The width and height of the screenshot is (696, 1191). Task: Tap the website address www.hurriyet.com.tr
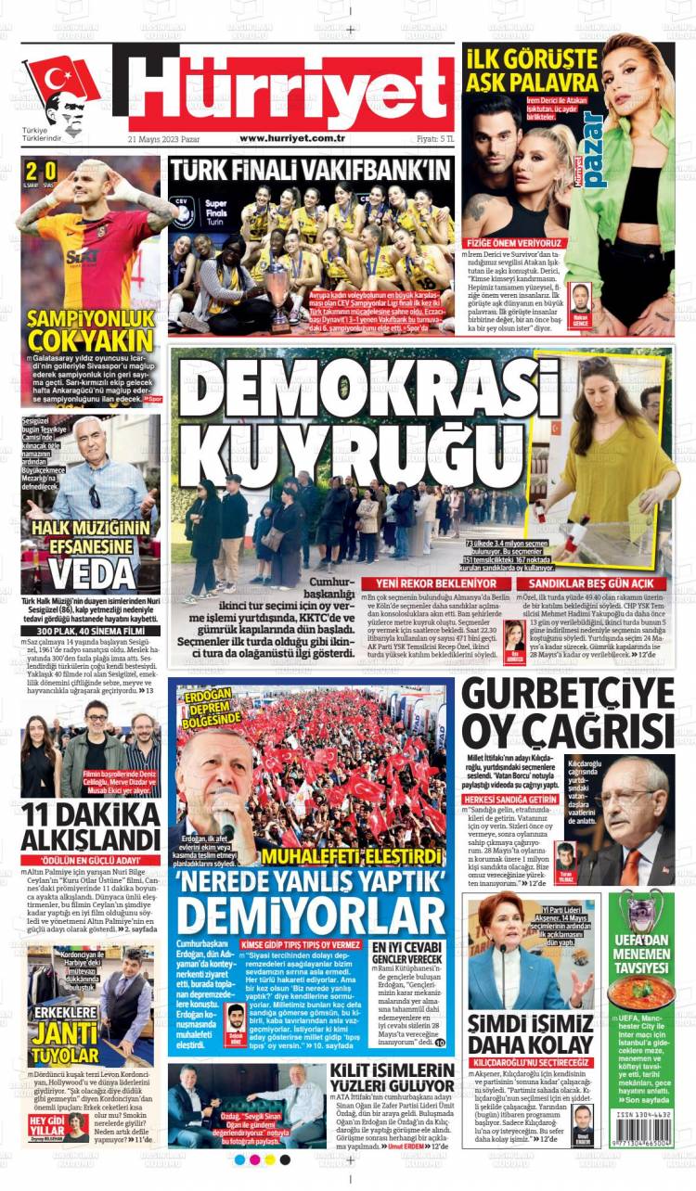(292, 138)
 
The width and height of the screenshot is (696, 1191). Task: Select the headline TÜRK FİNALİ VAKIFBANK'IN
(310, 170)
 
